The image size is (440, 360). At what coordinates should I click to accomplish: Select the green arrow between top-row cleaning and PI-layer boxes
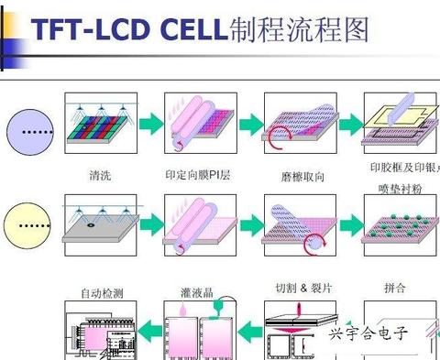tap(149, 124)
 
